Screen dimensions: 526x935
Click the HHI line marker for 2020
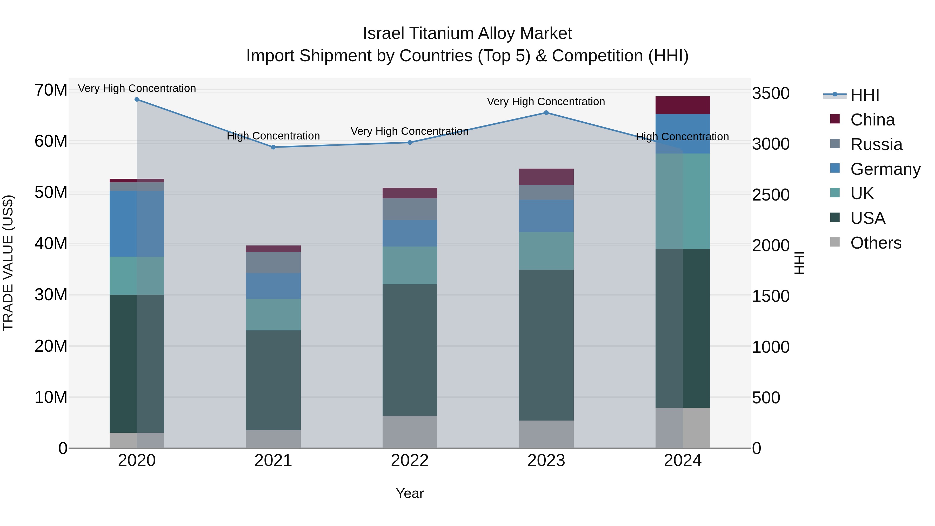(x=137, y=99)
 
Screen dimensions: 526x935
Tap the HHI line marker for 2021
(x=273, y=147)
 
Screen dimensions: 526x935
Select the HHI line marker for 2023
(x=546, y=112)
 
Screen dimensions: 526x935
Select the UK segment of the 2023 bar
(x=546, y=251)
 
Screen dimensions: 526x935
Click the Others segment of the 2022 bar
(x=410, y=432)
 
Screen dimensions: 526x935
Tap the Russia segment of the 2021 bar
(x=273, y=262)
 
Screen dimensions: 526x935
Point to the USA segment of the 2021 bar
(x=273, y=380)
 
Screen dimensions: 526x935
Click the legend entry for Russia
(x=876, y=144)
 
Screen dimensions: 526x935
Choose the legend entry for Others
(x=876, y=243)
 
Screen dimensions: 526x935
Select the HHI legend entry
(x=865, y=95)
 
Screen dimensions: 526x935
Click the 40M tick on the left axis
(x=51, y=244)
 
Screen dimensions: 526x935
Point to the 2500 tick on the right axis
(x=771, y=195)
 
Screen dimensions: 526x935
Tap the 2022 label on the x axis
(x=410, y=461)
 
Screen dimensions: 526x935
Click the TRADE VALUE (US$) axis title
(x=8, y=263)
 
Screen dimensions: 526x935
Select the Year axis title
(x=410, y=493)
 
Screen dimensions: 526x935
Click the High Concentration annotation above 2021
(x=273, y=136)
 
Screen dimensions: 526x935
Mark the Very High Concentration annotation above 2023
(x=546, y=102)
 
